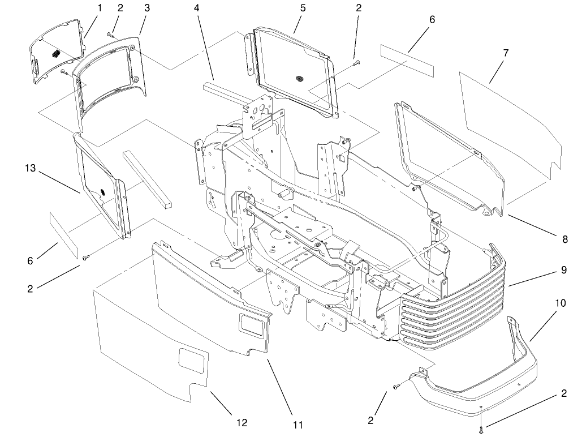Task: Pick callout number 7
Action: tap(505, 53)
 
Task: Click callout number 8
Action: tap(564, 239)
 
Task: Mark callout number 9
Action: tap(563, 270)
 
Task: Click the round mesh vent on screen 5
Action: tap(300, 76)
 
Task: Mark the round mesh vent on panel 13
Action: tap(102, 192)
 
